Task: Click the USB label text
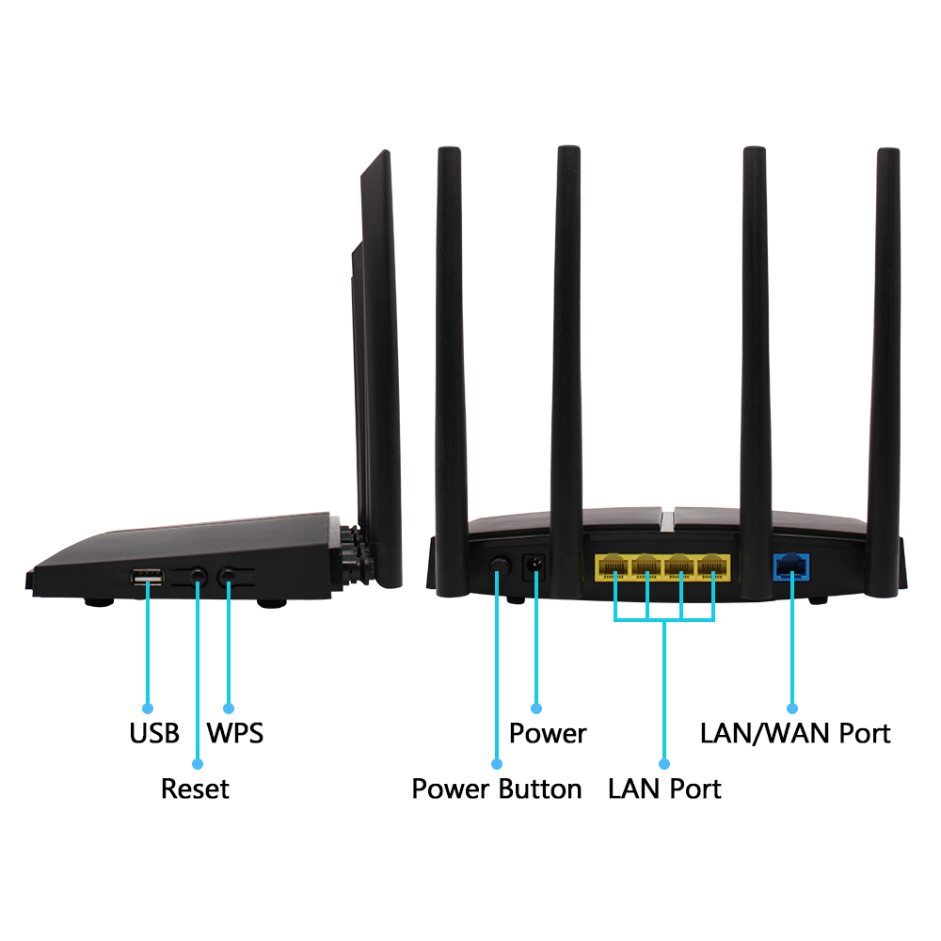pyautogui.click(x=154, y=733)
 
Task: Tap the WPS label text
pyautogui.click(x=235, y=733)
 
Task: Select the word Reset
pyautogui.click(x=195, y=789)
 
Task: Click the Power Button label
pyautogui.click(x=497, y=789)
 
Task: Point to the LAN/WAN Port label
pyautogui.click(x=795, y=733)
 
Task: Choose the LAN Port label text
pyautogui.click(x=664, y=789)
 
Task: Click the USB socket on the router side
pyautogui.click(x=147, y=578)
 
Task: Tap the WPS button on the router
pyautogui.click(x=227, y=577)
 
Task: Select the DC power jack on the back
pyautogui.click(x=534, y=566)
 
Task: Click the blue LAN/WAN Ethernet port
pyautogui.click(x=791, y=567)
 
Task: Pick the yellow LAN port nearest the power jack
pyautogui.click(x=614, y=567)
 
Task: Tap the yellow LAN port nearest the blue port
pyautogui.click(x=712, y=567)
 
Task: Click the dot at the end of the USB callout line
pyautogui.click(x=148, y=709)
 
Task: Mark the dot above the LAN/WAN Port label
pyautogui.click(x=792, y=709)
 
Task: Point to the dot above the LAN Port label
pyautogui.click(x=664, y=764)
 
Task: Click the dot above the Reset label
pyautogui.click(x=198, y=764)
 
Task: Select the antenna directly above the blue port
pyautogui.click(x=755, y=372)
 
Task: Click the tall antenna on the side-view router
pyautogui.click(x=382, y=369)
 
